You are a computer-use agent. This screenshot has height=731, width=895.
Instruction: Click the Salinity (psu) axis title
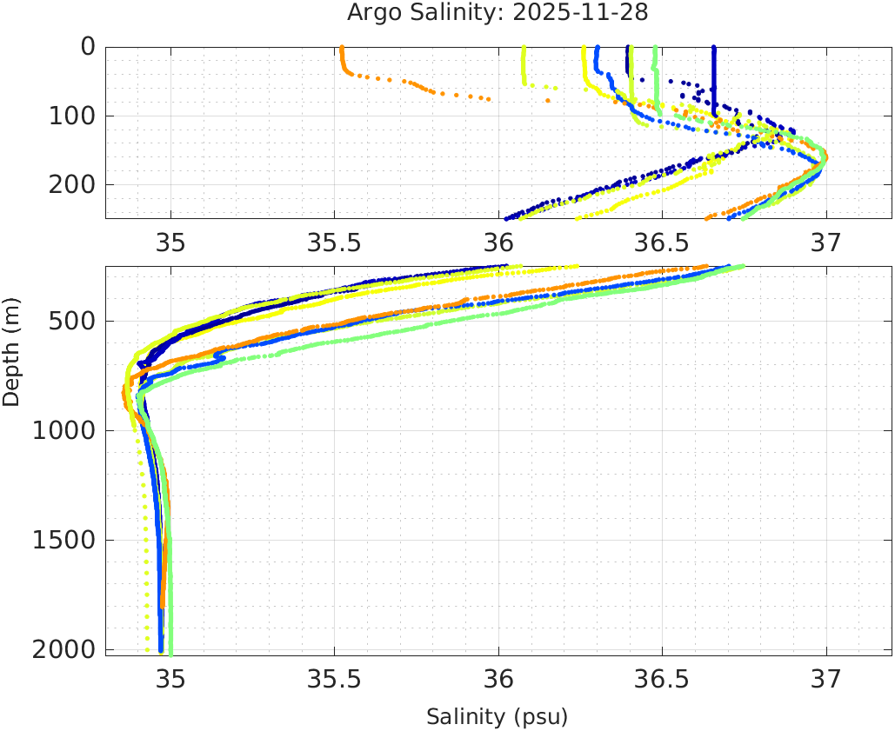point(497,717)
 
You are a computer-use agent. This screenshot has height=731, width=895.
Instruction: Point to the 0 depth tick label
point(88,46)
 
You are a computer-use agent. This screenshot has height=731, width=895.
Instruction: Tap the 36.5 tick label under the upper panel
point(662,243)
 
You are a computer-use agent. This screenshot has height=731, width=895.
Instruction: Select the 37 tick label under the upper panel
point(825,243)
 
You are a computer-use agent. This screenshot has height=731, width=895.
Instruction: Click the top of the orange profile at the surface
point(342,49)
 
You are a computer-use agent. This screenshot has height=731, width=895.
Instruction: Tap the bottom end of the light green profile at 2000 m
point(170,652)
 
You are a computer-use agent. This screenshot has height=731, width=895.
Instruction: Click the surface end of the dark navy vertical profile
point(714,49)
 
